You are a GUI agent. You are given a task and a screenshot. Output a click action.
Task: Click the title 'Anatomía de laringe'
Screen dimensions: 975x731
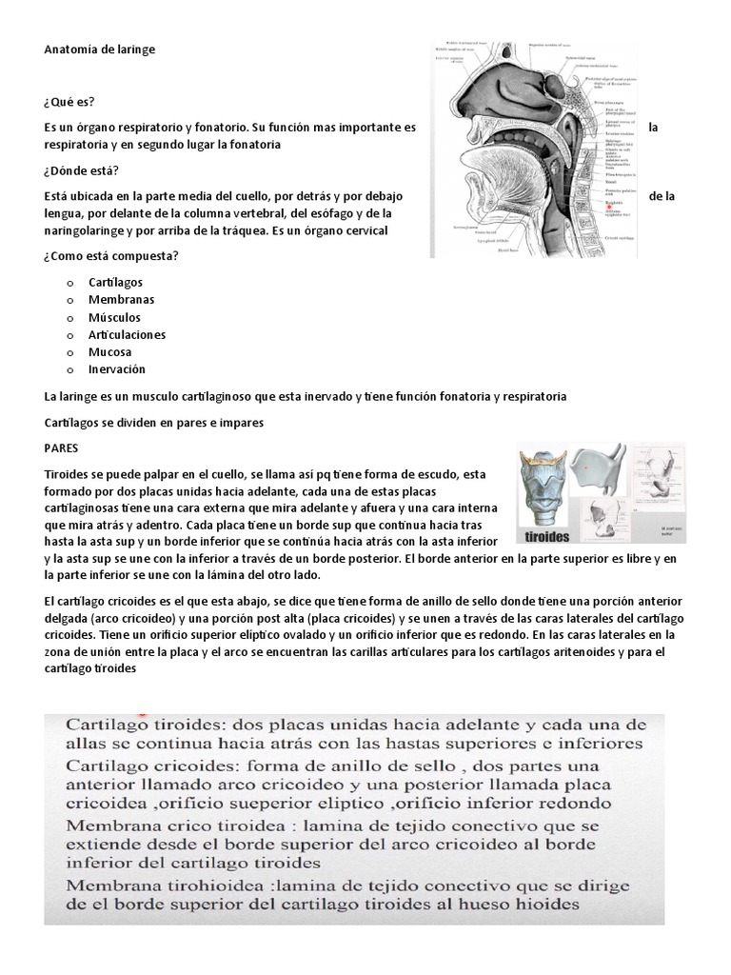pyautogui.click(x=99, y=49)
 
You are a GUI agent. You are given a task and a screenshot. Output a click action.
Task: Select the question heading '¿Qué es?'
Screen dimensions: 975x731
pyautogui.click(x=69, y=102)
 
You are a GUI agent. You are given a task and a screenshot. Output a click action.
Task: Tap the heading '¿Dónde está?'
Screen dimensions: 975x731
pyautogui.click(x=81, y=171)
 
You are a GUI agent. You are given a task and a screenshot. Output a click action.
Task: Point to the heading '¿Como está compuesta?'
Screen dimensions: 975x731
pyautogui.click(x=111, y=256)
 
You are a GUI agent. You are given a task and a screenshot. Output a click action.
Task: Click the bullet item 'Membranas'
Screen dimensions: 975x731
pyautogui.click(x=121, y=300)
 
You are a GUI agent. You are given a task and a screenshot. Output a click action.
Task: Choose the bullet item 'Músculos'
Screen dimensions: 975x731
pyautogui.click(x=114, y=317)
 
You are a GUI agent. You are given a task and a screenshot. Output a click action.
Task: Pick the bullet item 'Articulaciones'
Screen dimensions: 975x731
pyautogui.click(x=127, y=335)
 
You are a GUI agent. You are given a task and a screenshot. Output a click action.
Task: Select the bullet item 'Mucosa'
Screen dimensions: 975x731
pyautogui.click(x=109, y=352)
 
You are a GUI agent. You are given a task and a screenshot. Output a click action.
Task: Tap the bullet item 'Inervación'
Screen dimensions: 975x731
pyautogui.click(x=116, y=369)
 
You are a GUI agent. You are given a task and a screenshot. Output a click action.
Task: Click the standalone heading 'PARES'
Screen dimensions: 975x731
pyautogui.click(x=62, y=447)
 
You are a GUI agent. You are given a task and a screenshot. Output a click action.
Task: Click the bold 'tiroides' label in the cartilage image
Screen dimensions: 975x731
pyautogui.click(x=548, y=536)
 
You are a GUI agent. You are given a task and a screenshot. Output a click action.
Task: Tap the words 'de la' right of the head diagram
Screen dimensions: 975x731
pyautogui.click(x=662, y=196)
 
